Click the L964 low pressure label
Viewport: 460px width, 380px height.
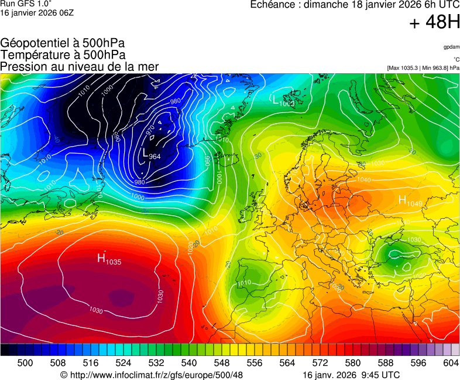click(151, 154)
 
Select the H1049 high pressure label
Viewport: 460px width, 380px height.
click(410, 201)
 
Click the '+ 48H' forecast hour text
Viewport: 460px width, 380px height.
click(434, 23)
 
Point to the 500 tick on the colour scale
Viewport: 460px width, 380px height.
click(25, 363)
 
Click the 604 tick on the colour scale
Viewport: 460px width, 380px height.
click(451, 363)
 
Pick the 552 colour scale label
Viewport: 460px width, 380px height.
click(238, 363)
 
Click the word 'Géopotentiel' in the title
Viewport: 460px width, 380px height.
click(33, 43)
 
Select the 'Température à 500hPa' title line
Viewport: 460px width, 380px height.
click(63, 55)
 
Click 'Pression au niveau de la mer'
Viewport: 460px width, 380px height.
click(80, 67)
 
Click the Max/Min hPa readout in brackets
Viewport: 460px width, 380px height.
click(423, 68)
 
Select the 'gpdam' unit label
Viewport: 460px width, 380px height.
click(451, 46)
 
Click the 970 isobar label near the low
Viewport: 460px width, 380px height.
click(150, 130)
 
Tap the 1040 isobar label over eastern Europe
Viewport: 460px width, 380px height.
click(363, 180)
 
